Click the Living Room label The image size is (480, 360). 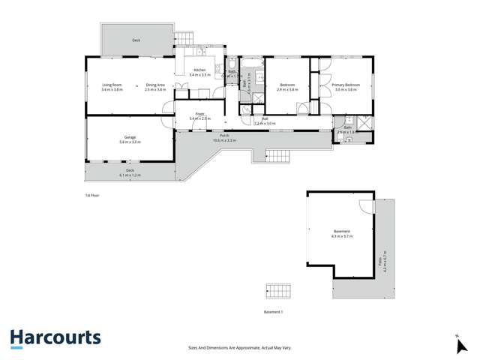coord(112,85)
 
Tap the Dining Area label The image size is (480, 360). coord(155,85)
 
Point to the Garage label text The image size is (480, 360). coord(130,137)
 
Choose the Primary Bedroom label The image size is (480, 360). coord(346,85)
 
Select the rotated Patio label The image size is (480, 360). coord(382,262)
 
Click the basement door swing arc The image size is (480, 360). coord(365,208)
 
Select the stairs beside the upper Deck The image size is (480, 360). coord(184,37)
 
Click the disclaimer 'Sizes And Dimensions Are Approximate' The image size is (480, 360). coord(240,347)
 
